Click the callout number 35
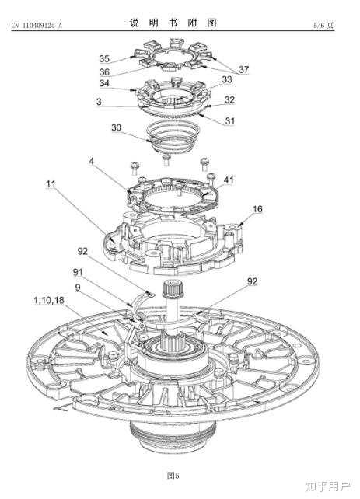(x=104, y=58)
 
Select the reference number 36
(x=104, y=72)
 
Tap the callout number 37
(x=244, y=69)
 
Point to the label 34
(x=104, y=83)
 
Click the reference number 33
(x=227, y=79)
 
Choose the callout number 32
(x=229, y=100)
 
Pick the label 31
(x=230, y=121)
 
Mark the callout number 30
(x=116, y=127)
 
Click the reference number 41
(x=229, y=180)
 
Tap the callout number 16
(x=257, y=209)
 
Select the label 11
(x=51, y=184)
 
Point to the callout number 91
(x=78, y=272)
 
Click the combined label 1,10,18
(x=49, y=300)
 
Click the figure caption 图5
(x=173, y=476)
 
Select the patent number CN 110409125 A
(x=37, y=26)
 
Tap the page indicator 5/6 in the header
(x=320, y=25)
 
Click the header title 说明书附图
(x=173, y=23)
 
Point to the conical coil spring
(x=173, y=137)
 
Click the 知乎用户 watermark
(x=327, y=487)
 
